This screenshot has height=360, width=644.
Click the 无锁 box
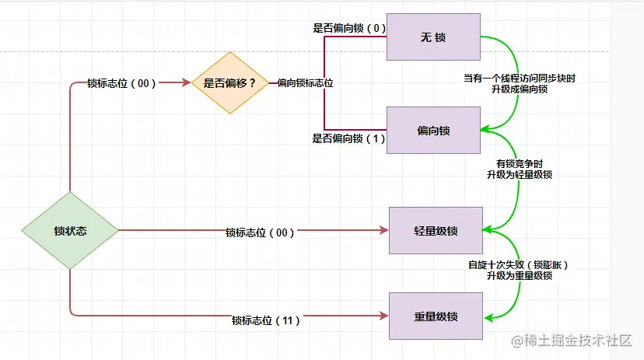pos(433,37)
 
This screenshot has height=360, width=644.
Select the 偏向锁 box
pos(433,130)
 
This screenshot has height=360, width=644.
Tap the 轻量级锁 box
pos(436,230)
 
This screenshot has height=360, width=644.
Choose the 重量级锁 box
pos(436,316)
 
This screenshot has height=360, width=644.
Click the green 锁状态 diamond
pos(69,231)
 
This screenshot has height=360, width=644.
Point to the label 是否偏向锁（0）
pos(348,28)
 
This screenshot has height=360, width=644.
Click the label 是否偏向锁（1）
pos(348,138)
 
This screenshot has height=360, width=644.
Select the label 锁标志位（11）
pos(265,320)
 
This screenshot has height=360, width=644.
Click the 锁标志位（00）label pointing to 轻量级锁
pos(260,232)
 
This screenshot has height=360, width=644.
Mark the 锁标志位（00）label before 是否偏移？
pos(121,83)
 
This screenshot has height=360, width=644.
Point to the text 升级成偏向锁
pos(519,89)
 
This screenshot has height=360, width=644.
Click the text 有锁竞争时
pos(519,164)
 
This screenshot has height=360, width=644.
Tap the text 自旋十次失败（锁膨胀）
pos(519,264)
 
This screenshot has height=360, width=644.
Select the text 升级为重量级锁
pos(519,275)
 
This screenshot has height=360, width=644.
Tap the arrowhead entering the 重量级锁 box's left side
pos(383,315)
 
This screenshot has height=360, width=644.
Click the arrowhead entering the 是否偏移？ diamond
pos(187,82)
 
